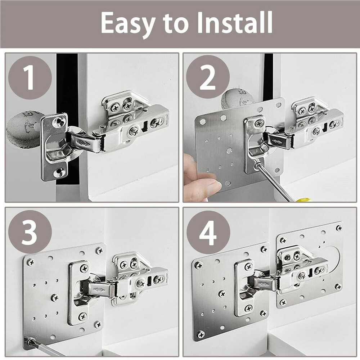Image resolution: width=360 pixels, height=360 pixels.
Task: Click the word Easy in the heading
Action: [128, 23]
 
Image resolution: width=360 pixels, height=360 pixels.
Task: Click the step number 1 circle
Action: [30, 78]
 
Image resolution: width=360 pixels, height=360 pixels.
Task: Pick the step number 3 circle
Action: [30, 232]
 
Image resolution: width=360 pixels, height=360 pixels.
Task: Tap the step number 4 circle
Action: [208, 232]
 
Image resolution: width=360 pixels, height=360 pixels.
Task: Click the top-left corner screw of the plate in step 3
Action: [31, 262]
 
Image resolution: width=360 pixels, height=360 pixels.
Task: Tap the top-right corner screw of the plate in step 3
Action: [99, 251]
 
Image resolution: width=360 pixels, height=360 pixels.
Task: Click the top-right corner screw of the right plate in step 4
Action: [339, 228]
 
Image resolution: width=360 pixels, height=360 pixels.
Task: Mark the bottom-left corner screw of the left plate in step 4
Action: [200, 334]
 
